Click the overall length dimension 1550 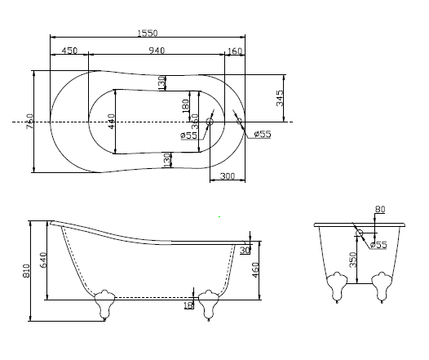[x=148, y=33]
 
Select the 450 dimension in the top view [x=69, y=51]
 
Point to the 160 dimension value [x=235, y=51]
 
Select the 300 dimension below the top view [x=228, y=176]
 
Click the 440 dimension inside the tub [x=112, y=122]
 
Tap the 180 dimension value [x=185, y=106]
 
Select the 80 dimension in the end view [x=379, y=210]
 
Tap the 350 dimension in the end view [x=353, y=259]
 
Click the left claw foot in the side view [x=104, y=303]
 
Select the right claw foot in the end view [x=380, y=287]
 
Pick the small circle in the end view [x=359, y=232]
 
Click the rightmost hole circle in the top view [x=239, y=122]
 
